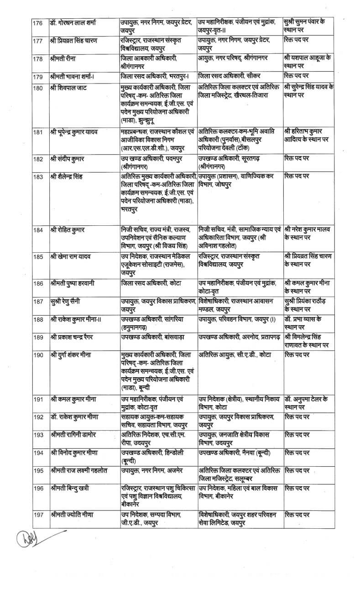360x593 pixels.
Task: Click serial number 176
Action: [38, 23]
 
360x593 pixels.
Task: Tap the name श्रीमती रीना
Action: [64, 58]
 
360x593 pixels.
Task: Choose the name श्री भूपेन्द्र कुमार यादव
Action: [78, 133]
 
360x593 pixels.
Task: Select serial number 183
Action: [38, 177]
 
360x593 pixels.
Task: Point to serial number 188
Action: [38, 319]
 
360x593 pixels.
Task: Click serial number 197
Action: [38, 515]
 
